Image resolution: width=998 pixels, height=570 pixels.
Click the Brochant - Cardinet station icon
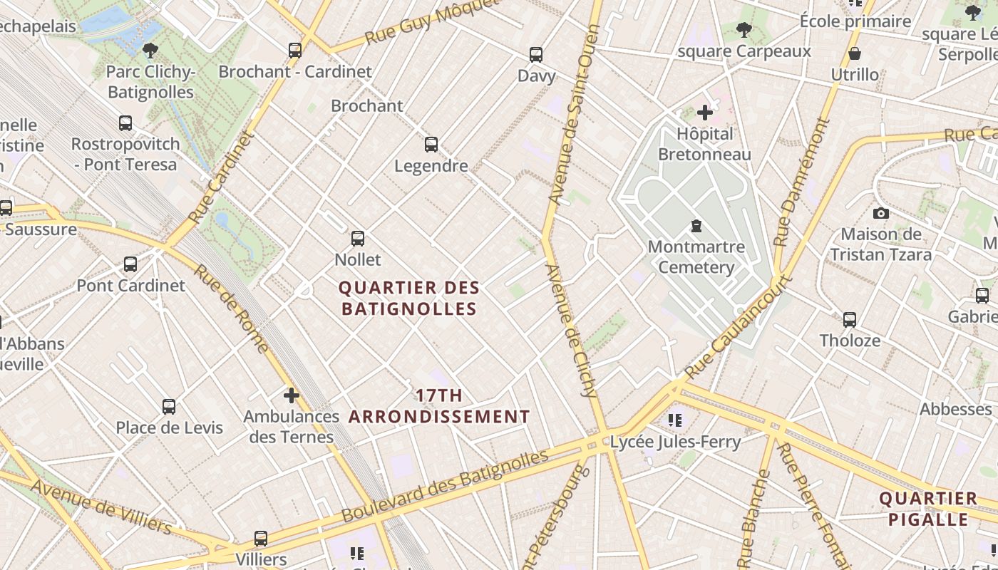pyautogui.click(x=295, y=50)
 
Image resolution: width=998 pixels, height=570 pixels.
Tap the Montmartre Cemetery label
pyautogui.click(x=696, y=257)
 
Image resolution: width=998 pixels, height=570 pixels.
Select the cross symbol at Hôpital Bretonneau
pyautogui.click(x=705, y=112)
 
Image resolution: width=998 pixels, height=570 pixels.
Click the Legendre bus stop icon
pyautogui.click(x=431, y=145)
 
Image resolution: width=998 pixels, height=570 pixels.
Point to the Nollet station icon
pyautogui.click(x=358, y=239)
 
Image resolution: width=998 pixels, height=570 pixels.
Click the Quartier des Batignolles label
pyautogui.click(x=408, y=298)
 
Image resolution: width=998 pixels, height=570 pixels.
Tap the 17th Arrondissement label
pyautogui.click(x=439, y=406)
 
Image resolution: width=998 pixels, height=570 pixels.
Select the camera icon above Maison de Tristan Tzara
pyautogui.click(x=881, y=213)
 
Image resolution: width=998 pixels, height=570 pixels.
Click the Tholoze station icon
pyautogui.click(x=850, y=319)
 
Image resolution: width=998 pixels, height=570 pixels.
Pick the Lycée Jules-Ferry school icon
pyautogui.click(x=675, y=420)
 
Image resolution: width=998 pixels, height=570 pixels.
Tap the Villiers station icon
pyautogui.click(x=261, y=539)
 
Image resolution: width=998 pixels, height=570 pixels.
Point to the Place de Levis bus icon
pyautogui.click(x=169, y=407)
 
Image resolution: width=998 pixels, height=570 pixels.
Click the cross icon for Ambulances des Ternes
pyautogui.click(x=291, y=395)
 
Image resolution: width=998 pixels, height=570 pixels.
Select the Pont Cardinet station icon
pyautogui.click(x=130, y=264)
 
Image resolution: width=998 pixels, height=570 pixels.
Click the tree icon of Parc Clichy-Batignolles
pyautogui.click(x=150, y=50)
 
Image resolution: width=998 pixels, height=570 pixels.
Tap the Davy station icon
pyautogui.click(x=536, y=54)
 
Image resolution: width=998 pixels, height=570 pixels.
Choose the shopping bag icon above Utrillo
pyautogui.click(x=855, y=53)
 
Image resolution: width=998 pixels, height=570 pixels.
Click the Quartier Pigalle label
pyautogui.click(x=928, y=508)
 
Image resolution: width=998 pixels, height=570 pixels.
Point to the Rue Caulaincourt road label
pyautogui.click(x=738, y=328)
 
